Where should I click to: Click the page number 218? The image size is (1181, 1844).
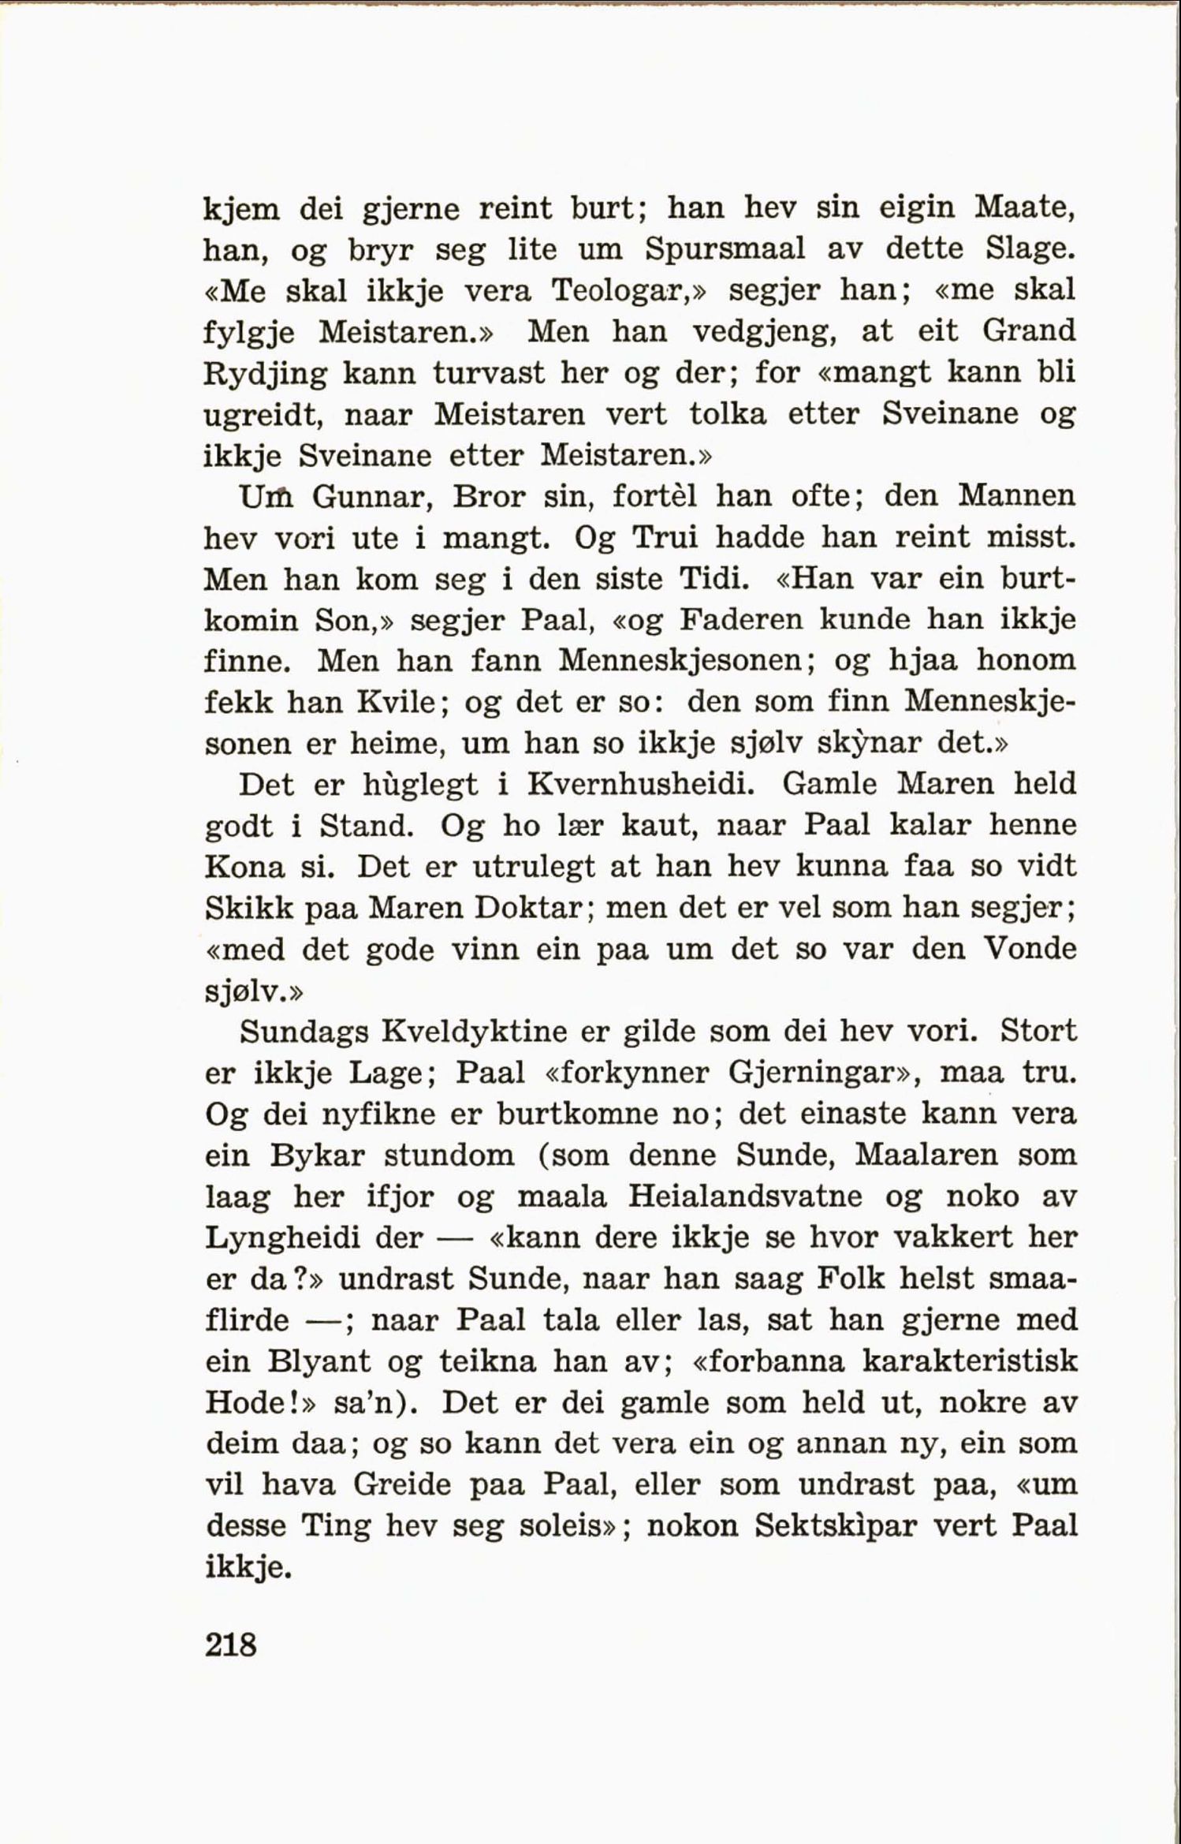[230, 1645]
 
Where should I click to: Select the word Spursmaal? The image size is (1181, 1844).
[725, 249]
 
